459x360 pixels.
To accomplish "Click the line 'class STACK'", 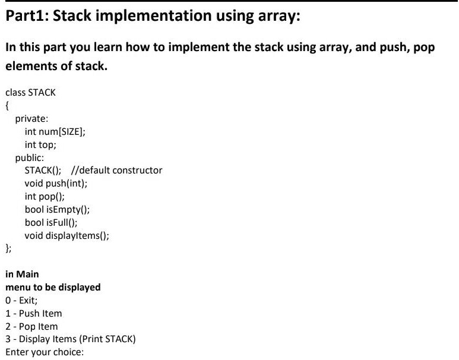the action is tap(30, 93).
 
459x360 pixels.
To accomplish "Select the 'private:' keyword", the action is tap(31, 119).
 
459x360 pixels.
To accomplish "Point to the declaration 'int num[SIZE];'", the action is tap(55, 132).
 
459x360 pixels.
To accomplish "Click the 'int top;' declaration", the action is tap(40, 145).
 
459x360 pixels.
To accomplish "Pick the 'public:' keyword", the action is tap(30, 158).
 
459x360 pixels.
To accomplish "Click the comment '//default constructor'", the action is tap(117, 170).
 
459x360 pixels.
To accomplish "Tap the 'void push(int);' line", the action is tap(56, 184).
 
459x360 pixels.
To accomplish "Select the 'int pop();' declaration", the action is tap(45, 197).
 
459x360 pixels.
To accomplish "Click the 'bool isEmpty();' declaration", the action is tap(57, 210).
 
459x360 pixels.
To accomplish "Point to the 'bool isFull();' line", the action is tap(51, 223).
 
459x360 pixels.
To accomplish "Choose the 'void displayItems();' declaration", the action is tap(67, 236).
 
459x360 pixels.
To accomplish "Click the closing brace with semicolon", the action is tap(8, 249).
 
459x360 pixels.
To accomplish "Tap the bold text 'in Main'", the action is tap(22, 274).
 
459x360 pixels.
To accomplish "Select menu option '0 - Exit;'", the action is tap(21, 301).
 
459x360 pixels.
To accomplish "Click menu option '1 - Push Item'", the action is tap(34, 314).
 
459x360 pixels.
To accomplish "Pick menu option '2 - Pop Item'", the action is tap(31, 327).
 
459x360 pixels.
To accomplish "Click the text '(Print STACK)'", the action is tap(107, 339).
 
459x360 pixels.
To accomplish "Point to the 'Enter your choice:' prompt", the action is tap(45, 352).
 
